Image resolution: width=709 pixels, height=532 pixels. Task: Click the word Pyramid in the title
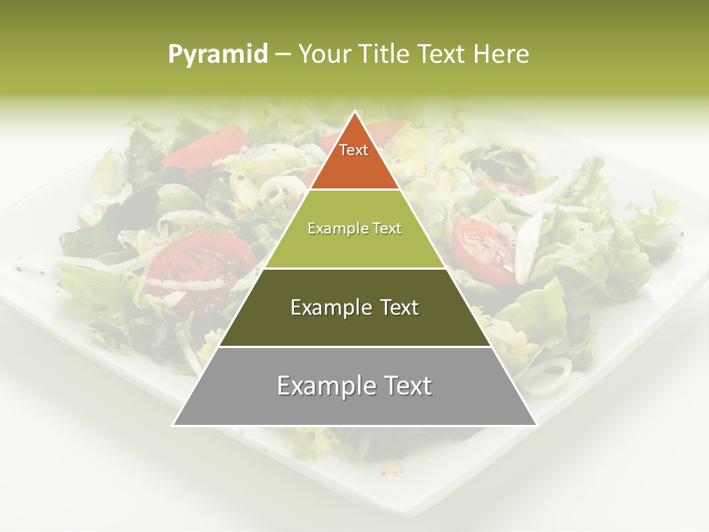click(x=218, y=55)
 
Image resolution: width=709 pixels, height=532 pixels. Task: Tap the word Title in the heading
click(x=386, y=55)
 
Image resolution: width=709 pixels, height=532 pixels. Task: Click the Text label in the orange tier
click(x=354, y=150)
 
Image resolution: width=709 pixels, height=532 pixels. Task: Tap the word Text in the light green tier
click(x=386, y=228)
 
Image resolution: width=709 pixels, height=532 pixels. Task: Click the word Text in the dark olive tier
click(x=400, y=307)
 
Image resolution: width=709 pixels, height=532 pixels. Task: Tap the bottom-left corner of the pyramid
click(x=174, y=425)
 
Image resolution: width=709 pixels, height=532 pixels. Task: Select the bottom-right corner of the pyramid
click(x=536, y=425)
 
